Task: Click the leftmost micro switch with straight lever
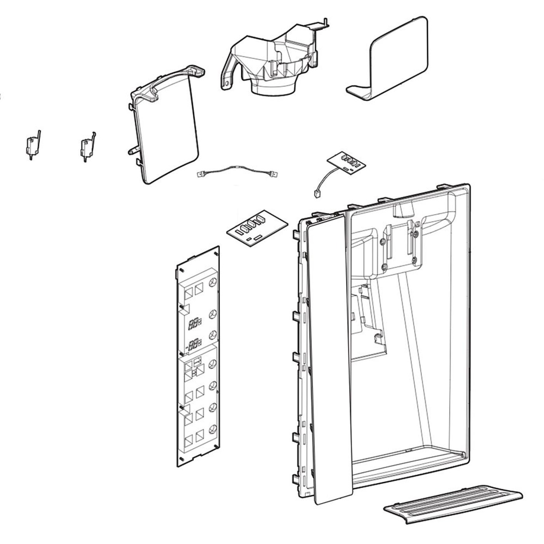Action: (31, 145)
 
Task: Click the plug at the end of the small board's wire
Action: (315, 193)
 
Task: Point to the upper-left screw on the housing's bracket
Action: (383, 241)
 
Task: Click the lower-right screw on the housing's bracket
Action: (414, 259)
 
